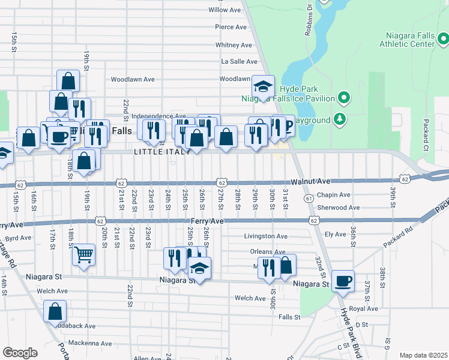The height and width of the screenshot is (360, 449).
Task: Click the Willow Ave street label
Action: tap(224, 10)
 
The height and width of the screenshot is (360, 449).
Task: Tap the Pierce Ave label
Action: tap(231, 27)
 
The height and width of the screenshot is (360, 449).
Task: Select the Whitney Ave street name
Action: tap(234, 45)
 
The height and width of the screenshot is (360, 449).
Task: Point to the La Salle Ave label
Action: tap(240, 61)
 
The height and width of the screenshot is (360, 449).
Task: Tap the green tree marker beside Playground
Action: tap(340, 119)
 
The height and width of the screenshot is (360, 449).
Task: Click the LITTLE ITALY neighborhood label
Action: tap(163, 152)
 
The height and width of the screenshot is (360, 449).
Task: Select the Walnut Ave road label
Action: tap(311, 181)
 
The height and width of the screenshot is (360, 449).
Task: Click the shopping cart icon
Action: tap(83, 254)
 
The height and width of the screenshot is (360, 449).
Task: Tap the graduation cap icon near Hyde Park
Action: tap(263, 86)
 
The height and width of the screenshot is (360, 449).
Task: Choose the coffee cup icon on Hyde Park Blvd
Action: tap(343, 281)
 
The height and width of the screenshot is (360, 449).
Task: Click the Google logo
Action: tap(20, 353)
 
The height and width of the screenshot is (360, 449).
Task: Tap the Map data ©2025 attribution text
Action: tap(423, 355)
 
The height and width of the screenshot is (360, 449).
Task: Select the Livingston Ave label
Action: tap(265, 236)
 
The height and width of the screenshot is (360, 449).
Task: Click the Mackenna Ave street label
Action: tap(90, 344)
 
